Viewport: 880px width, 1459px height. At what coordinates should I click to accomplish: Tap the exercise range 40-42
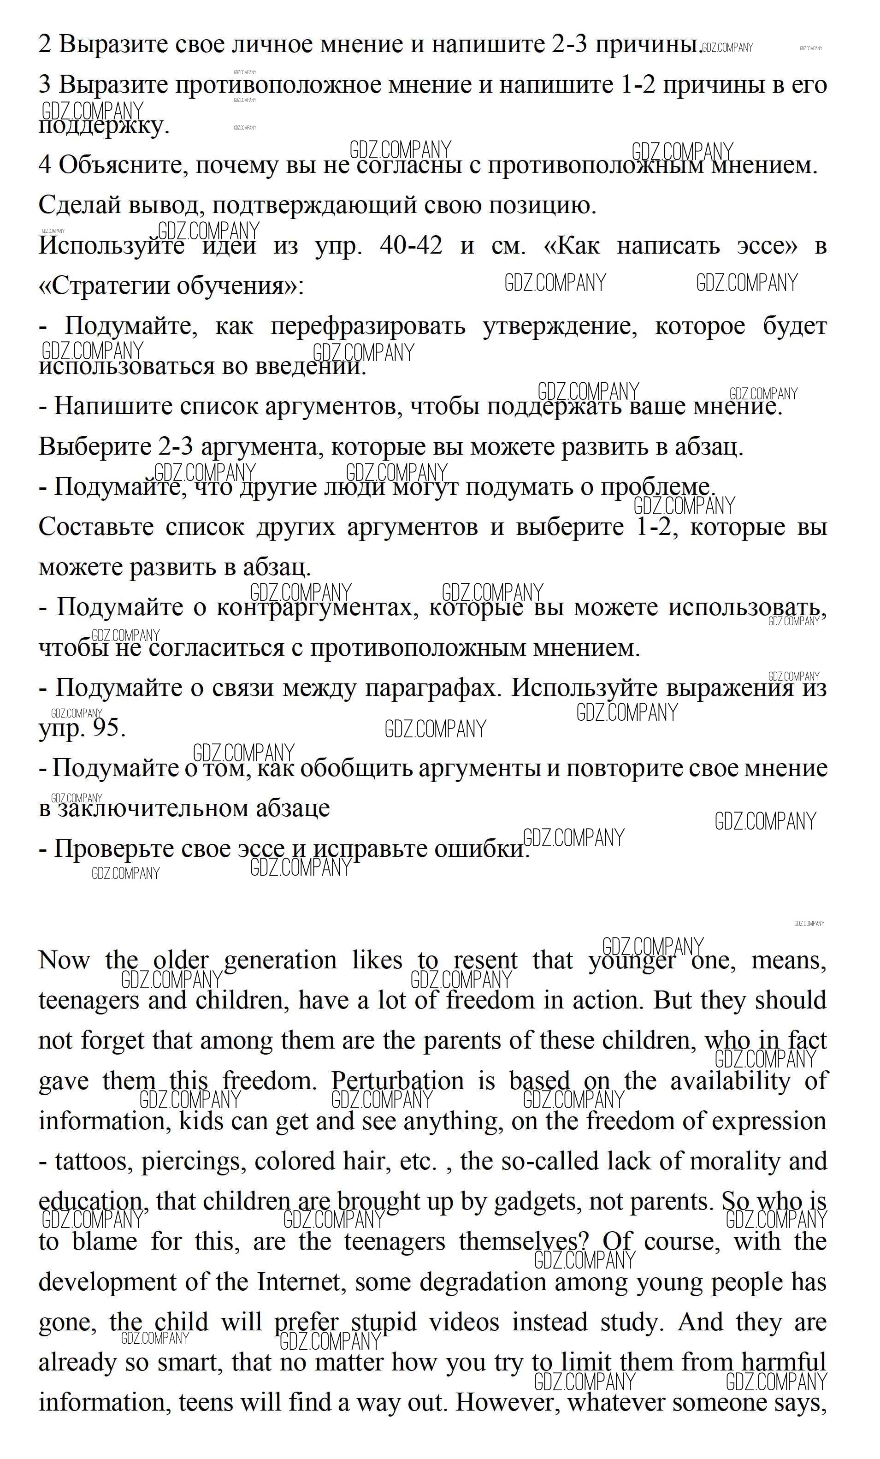(411, 245)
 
